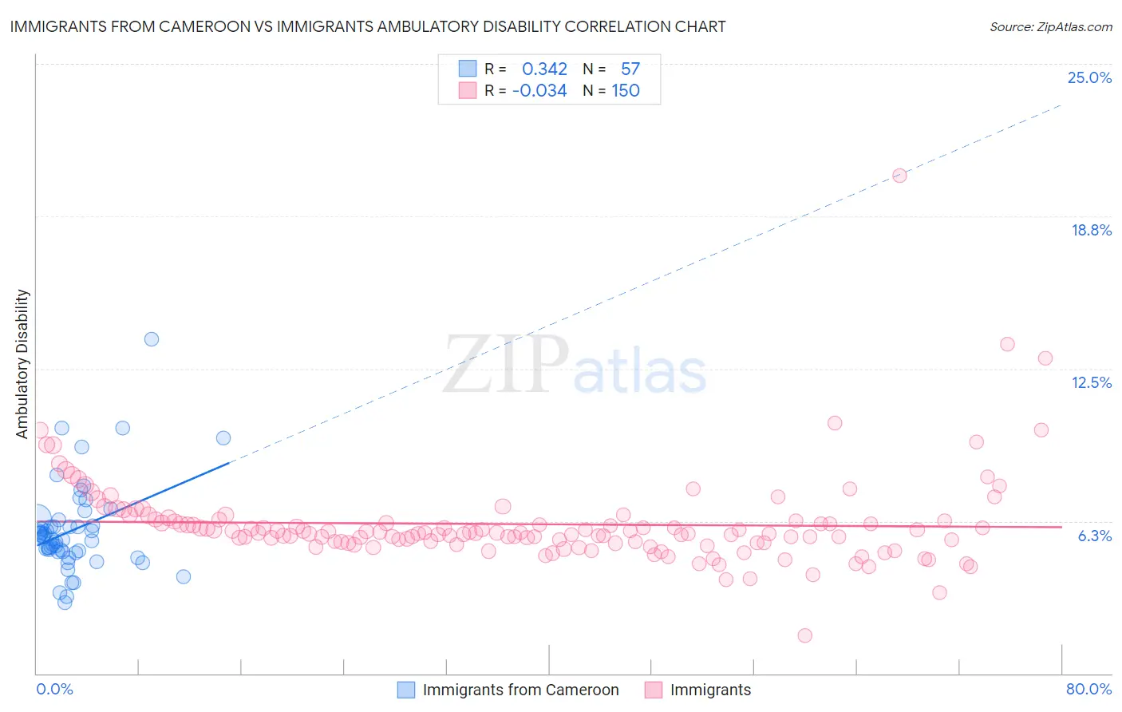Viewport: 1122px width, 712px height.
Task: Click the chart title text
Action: point(368,26)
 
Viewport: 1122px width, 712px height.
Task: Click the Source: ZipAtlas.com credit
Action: point(1050,26)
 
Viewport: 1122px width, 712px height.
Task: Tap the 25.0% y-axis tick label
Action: point(1089,77)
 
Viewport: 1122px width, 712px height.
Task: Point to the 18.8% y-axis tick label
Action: point(1091,230)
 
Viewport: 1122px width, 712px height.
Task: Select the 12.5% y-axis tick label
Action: point(1091,382)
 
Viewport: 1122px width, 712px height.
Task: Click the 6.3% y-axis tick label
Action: point(1094,536)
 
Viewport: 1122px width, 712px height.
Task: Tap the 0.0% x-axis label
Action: point(54,689)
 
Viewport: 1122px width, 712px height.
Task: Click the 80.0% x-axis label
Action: point(1088,689)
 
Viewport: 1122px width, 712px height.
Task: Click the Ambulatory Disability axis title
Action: point(22,363)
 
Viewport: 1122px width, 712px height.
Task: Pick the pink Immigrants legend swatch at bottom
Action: point(654,690)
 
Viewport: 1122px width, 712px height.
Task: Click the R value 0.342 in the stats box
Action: point(544,69)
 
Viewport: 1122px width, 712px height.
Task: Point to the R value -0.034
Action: point(539,91)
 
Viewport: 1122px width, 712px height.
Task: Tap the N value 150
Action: point(626,91)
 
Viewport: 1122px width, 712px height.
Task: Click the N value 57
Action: point(630,69)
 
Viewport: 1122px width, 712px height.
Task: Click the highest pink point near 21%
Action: point(899,176)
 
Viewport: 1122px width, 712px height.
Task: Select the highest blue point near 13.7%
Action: point(152,339)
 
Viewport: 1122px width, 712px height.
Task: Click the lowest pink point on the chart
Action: point(804,635)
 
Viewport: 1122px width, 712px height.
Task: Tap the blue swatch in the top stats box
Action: point(468,69)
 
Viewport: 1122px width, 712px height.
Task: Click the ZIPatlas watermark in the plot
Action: point(575,366)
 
